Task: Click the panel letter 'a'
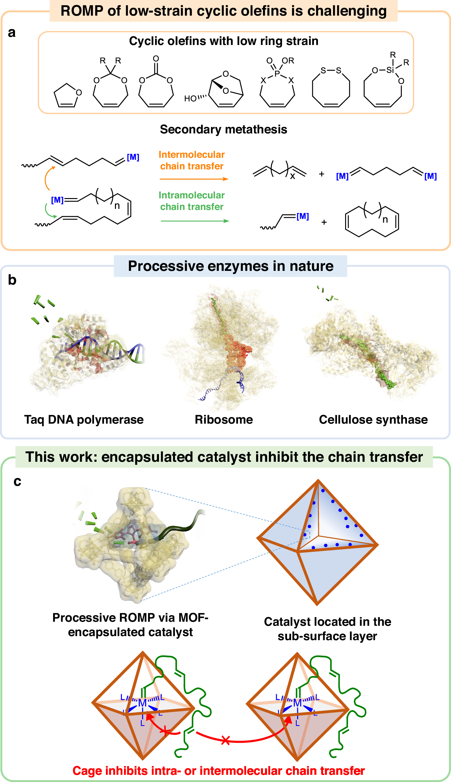tap(12, 33)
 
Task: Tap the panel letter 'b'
tap(12, 280)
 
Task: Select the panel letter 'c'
tap(17, 481)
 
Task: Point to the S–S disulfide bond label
tap(331, 71)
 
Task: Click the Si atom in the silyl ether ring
tap(390, 70)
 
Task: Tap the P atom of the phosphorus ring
tap(277, 74)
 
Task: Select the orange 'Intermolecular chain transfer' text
tap(192, 160)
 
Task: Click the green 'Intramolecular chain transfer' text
tap(192, 201)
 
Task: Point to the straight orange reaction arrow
tap(194, 179)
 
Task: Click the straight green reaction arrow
tap(195, 221)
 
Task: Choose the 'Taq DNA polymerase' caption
tap(84, 420)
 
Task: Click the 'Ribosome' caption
tap(224, 420)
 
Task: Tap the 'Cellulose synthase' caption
tap(373, 420)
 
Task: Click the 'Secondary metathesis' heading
tap(223, 129)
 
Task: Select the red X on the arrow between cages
tap(225, 740)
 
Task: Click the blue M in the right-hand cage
tap(297, 703)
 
